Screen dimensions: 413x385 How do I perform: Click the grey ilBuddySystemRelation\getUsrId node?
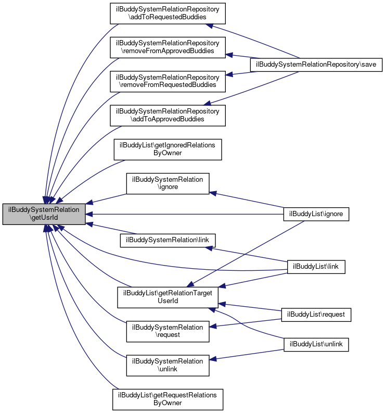click(44, 214)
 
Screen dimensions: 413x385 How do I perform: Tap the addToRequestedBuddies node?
click(167, 13)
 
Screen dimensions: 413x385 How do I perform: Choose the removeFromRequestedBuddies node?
click(167, 81)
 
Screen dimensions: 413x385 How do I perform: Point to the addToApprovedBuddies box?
click(167, 115)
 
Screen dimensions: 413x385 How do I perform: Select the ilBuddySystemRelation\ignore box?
click(168, 183)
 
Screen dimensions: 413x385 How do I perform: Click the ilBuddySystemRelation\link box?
click(168, 240)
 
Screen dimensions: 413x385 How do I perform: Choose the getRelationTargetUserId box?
click(168, 297)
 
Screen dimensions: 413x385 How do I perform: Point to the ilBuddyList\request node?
click(316, 315)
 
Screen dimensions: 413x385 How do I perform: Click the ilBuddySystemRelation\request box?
click(168, 331)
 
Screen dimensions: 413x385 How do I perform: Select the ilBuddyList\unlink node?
click(316, 344)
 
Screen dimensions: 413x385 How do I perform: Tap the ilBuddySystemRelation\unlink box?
click(168, 365)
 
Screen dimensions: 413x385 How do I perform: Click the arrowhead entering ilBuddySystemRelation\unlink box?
click(213, 359)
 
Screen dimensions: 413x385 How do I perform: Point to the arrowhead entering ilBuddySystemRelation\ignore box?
click(213, 192)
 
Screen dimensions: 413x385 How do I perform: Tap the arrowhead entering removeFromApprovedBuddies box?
click(229, 54)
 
